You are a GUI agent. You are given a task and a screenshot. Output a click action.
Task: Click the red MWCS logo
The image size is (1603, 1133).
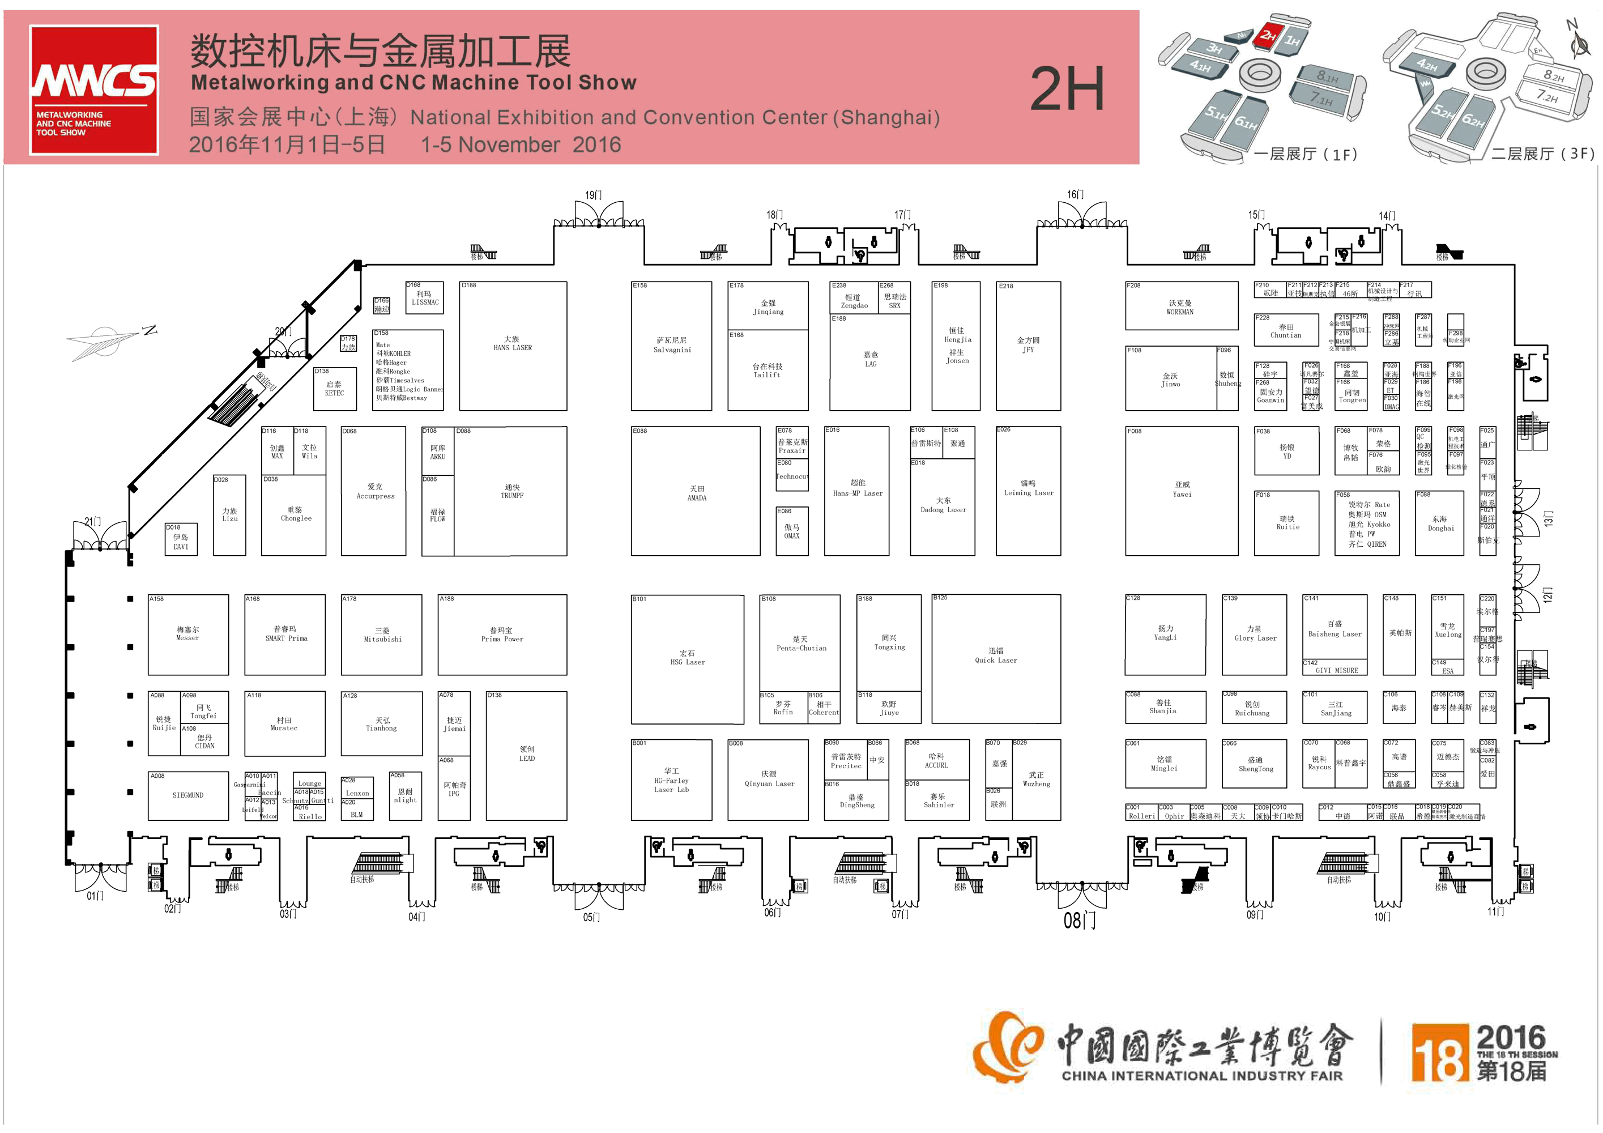tap(93, 90)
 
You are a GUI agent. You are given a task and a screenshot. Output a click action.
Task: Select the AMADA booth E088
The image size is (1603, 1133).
tap(696, 492)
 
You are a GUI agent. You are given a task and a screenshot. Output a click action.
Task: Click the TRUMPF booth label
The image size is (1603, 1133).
tap(511, 491)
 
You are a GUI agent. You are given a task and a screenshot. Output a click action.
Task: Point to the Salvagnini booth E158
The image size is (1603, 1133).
tap(672, 346)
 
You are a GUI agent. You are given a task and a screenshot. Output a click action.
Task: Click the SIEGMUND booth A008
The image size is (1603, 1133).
tap(188, 795)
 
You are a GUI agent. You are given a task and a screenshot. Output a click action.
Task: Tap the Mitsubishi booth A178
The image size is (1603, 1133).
tap(382, 634)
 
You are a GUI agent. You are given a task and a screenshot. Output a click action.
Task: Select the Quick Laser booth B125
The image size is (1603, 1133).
tap(996, 656)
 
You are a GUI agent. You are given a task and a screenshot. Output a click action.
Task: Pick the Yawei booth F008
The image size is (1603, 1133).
tap(1182, 489)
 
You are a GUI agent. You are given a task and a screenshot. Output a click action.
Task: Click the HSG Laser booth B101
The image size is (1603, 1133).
tap(687, 658)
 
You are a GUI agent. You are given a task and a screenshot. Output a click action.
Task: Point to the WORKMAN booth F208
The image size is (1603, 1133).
tap(1180, 307)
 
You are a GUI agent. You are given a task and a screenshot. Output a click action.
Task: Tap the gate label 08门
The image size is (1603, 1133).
tap(1080, 921)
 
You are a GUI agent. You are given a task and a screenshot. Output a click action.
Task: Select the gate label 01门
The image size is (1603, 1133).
tap(95, 896)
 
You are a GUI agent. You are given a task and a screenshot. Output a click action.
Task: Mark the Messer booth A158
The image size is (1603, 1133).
tap(188, 634)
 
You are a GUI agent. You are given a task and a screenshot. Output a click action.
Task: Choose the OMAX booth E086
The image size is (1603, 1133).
tap(792, 531)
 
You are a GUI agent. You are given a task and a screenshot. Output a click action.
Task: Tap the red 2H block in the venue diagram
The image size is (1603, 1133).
tap(1267, 36)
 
